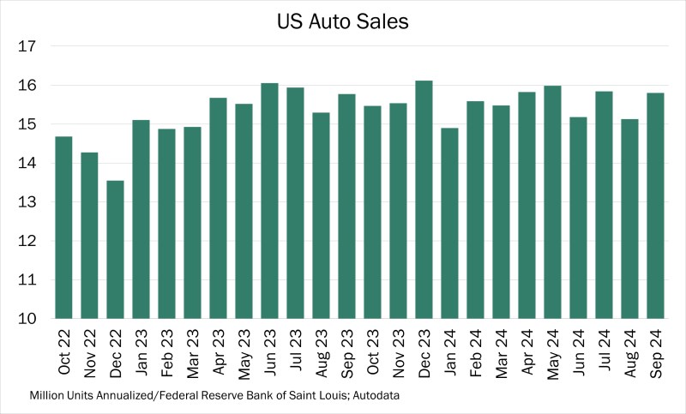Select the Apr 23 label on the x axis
click(219, 351)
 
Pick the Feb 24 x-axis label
click(476, 351)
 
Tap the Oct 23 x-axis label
click(373, 351)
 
